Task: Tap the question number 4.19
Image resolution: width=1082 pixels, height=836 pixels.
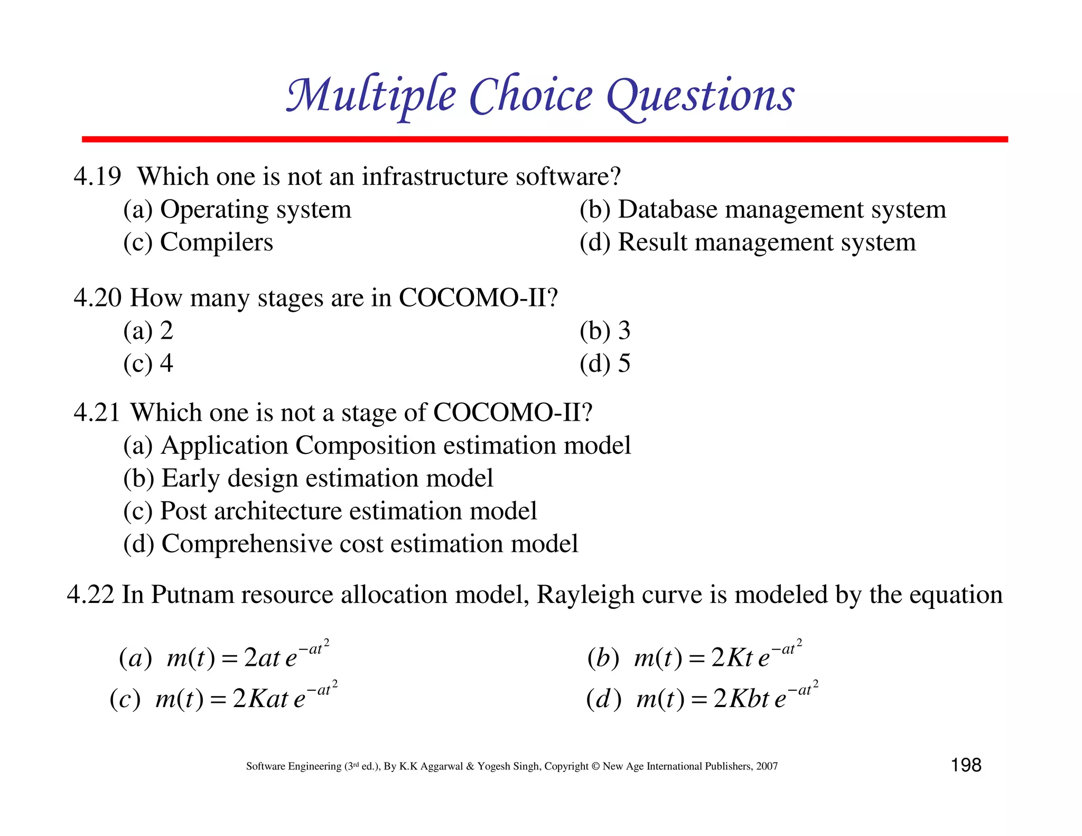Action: click(x=97, y=176)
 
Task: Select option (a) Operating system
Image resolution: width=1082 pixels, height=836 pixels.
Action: click(x=237, y=210)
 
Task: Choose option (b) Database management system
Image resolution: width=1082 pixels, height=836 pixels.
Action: click(x=762, y=210)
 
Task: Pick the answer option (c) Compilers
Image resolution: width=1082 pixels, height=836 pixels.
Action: click(x=198, y=243)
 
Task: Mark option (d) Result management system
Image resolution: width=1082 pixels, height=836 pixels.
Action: click(x=747, y=243)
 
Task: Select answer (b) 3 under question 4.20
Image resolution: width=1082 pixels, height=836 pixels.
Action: click(x=604, y=331)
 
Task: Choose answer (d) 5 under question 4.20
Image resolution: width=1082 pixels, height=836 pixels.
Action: click(x=604, y=364)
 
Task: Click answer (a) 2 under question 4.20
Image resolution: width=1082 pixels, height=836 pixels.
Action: click(x=148, y=331)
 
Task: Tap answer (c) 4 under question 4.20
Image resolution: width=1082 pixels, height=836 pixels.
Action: click(x=148, y=364)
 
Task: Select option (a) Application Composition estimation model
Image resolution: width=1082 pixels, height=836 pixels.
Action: click(x=377, y=445)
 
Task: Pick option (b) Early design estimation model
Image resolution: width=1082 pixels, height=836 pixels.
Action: click(x=308, y=478)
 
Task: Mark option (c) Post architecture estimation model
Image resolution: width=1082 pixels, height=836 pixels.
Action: click(x=330, y=511)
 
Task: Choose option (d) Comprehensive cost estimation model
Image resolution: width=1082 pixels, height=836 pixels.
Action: click(x=350, y=544)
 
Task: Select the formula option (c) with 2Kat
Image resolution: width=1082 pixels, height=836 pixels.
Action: click(x=223, y=698)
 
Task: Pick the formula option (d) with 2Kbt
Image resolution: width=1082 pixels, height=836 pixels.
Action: click(x=702, y=698)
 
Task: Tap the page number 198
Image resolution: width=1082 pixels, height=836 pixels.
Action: click(x=966, y=765)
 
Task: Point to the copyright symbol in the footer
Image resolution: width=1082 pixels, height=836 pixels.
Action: click(x=595, y=766)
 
